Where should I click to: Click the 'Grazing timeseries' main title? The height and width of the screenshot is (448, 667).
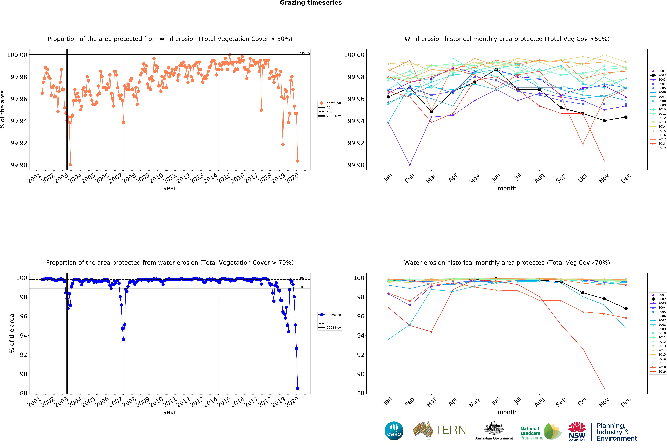311,3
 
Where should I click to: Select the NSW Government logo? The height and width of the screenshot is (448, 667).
577,431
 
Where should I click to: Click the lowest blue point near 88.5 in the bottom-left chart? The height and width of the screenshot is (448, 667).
298,388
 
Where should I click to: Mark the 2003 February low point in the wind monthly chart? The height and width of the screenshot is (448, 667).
410,165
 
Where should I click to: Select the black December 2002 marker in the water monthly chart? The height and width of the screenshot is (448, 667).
626,309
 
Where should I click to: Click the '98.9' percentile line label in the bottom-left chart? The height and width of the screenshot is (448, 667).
303,287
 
